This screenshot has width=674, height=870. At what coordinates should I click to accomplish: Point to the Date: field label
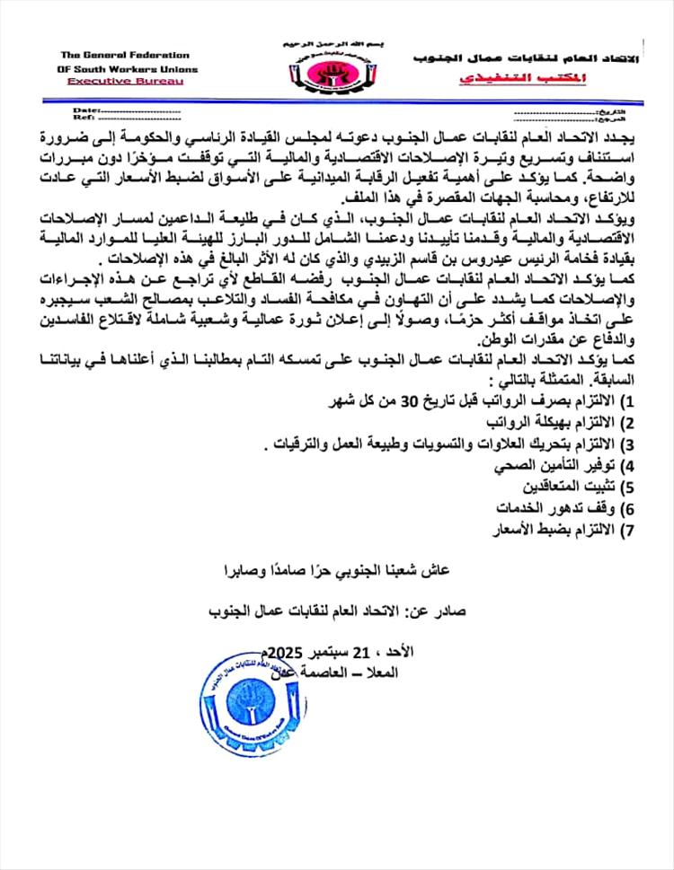point(83,109)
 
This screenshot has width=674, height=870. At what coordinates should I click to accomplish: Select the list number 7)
point(628,529)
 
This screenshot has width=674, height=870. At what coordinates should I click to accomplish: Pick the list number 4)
point(628,465)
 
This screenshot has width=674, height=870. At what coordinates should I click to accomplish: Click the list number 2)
point(628,422)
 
